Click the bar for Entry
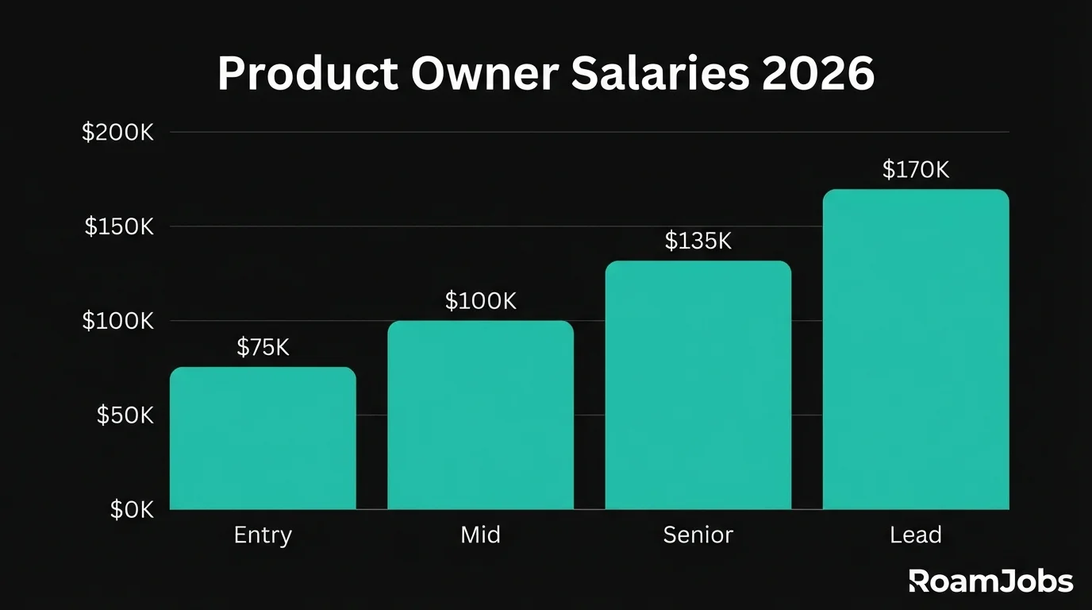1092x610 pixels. point(263,438)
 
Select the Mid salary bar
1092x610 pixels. point(480,415)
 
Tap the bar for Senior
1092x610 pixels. point(698,385)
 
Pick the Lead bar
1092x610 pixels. point(916,349)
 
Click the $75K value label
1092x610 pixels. point(263,347)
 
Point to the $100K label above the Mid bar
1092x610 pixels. point(480,301)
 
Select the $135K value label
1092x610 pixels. point(698,241)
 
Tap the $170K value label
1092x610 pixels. point(916,170)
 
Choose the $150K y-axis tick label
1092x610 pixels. point(118,227)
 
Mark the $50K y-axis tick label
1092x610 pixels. point(125,415)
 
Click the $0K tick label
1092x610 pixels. point(132,510)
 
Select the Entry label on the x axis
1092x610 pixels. point(263,535)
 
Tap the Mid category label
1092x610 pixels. point(480,535)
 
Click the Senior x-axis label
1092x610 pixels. point(698,535)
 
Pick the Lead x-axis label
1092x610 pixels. point(916,535)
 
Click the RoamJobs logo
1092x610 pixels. point(990,581)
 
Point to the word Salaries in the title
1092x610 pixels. point(624,75)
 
